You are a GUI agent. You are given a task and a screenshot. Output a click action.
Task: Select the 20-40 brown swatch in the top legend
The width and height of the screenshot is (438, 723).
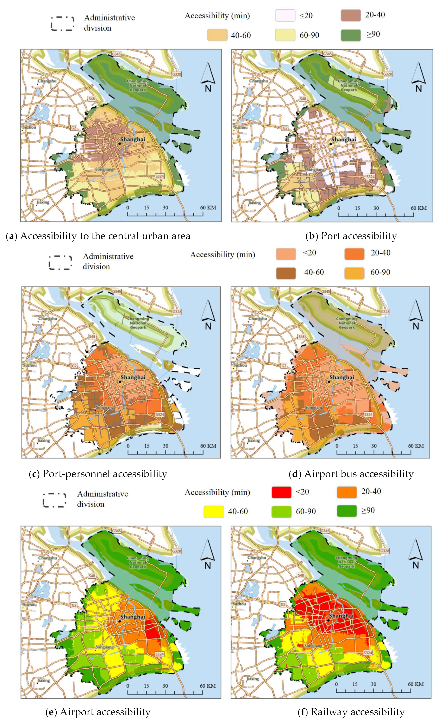click(351, 15)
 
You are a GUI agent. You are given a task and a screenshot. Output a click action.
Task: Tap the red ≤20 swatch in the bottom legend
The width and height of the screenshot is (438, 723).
click(281, 492)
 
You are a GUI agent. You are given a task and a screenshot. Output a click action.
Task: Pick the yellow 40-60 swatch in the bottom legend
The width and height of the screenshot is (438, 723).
click(213, 511)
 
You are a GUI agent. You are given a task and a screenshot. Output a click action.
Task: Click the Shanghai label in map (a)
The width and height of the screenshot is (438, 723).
click(133, 139)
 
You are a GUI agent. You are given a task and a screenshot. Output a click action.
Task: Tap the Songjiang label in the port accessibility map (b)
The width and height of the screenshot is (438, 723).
click(315, 170)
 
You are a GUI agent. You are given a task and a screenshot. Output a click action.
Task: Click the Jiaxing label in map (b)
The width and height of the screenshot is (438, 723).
click(254, 202)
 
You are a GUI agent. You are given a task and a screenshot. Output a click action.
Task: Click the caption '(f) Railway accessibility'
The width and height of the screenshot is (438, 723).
click(351, 712)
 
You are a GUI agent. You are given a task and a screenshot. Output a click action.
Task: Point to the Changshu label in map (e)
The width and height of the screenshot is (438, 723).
click(47, 558)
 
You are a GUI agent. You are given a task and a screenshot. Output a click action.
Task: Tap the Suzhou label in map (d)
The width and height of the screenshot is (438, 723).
click(240, 365)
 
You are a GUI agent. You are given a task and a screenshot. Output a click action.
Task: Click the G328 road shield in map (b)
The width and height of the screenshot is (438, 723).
click(387, 74)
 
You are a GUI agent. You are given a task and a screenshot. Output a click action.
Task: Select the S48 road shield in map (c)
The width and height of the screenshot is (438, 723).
click(92, 336)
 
